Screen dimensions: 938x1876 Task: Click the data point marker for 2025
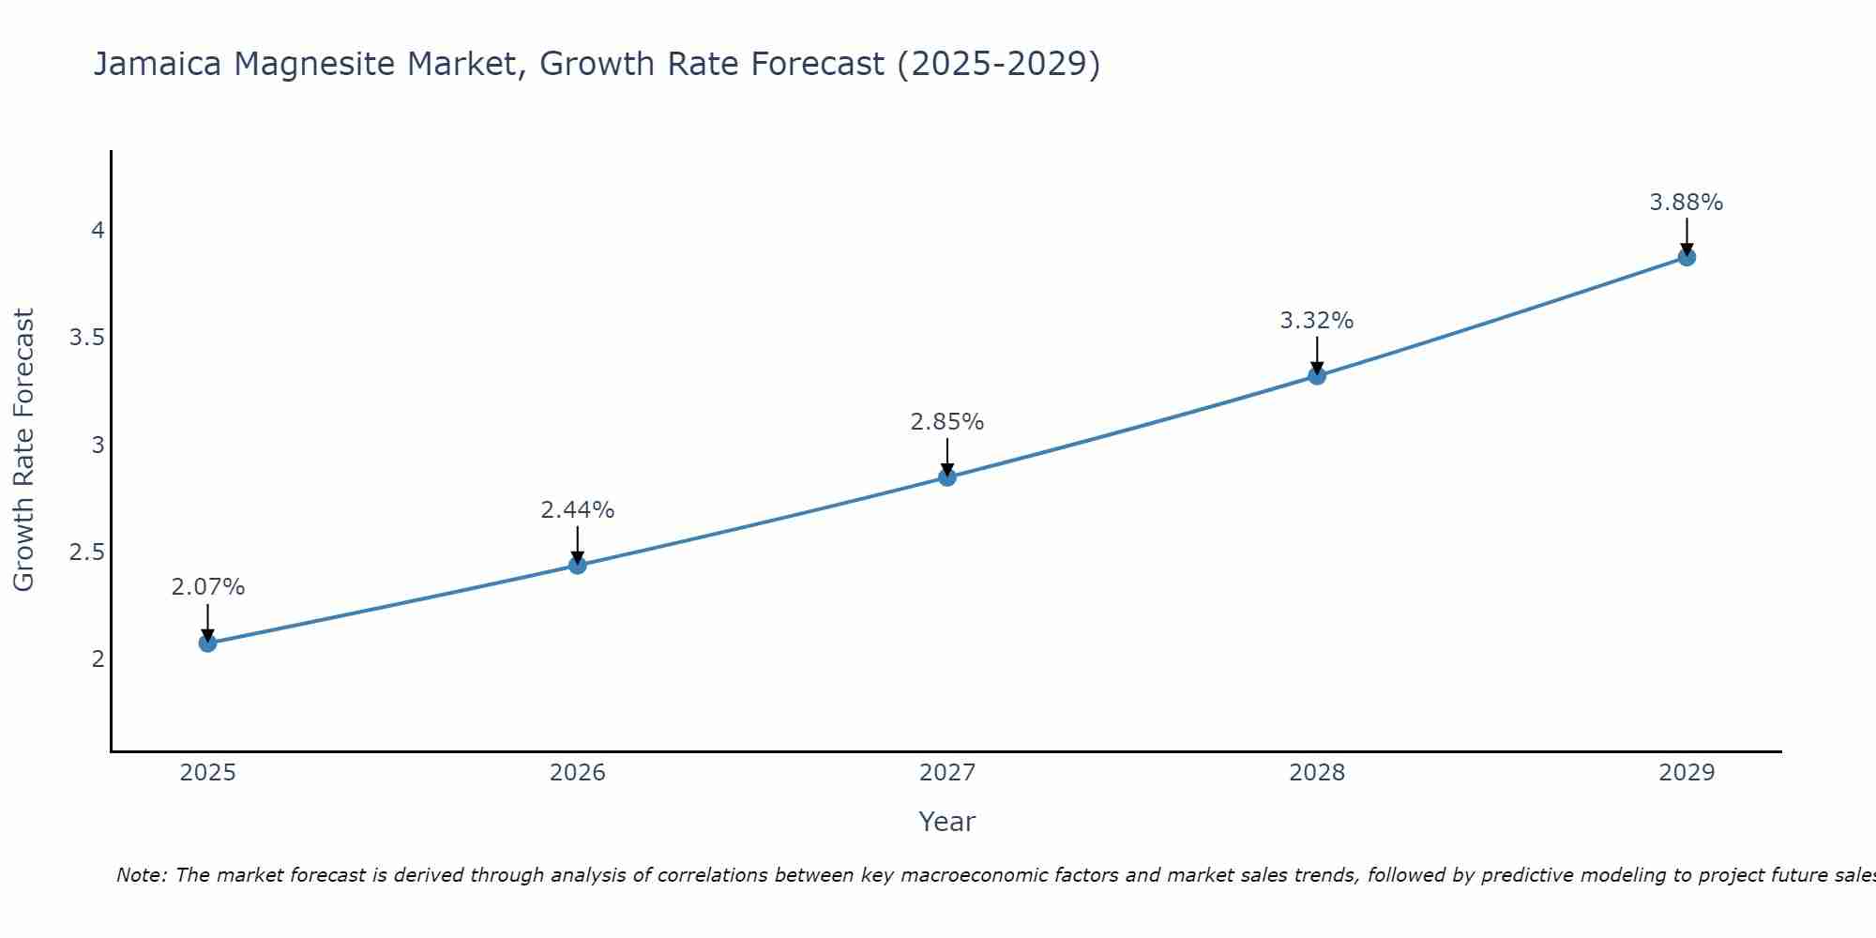click(207, 643)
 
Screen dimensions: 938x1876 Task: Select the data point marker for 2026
click(577, 565)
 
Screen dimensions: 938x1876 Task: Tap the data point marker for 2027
click(946, 477)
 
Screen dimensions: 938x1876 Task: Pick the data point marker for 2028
click(1316, 376)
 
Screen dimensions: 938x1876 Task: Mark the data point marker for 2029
click(1686, 257)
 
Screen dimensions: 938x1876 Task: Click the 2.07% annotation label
click(207, 587)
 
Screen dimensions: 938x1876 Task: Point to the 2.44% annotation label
click(577, 510)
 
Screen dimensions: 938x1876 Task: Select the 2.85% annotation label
click(946, 422)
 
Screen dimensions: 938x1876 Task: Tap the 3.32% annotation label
click(1316, 321)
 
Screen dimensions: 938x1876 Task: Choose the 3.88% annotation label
click(1686, 203)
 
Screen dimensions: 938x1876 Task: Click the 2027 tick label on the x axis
click(946, 773)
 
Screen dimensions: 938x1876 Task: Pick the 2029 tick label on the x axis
click(1686, 773)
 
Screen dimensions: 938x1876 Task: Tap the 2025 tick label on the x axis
click(207, 773)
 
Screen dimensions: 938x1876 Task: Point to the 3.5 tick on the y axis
click(86, 338)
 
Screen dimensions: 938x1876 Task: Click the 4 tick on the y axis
click(98, 231)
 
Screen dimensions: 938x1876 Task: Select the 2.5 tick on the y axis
click(86, 552)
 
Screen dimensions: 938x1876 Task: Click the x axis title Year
click(946, 822)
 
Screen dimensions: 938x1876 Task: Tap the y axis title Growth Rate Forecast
click(23, 450)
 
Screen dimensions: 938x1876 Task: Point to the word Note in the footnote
click(141, 875)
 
